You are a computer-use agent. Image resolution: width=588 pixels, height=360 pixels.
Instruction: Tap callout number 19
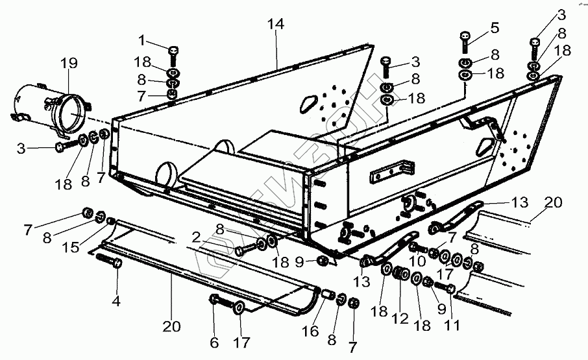coord(69,63)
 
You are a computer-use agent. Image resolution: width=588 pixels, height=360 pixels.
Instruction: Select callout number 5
coord(495,27)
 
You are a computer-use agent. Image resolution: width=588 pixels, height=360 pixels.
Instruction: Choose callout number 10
coord(417,261)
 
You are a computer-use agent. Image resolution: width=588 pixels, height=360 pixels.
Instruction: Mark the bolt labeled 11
coord(445,287)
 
